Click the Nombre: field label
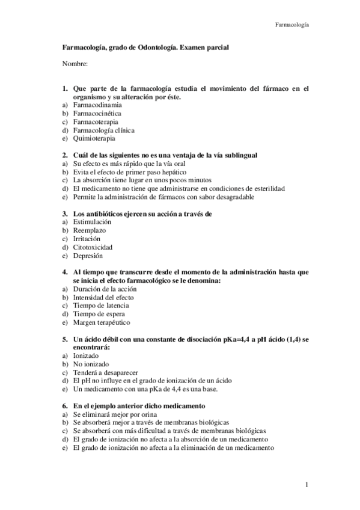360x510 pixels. tap(75, 63)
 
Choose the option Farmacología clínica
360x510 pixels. tap(103, 129)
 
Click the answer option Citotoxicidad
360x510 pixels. tap(93, 247)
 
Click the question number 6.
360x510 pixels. tap(64, 406)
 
